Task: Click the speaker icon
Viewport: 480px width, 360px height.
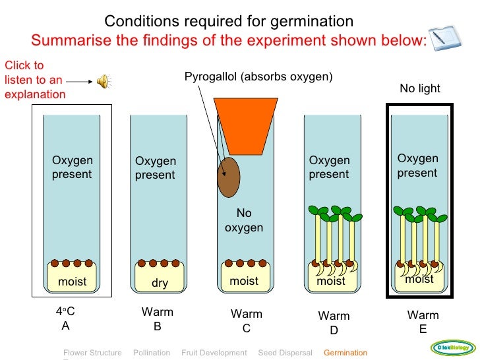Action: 104,81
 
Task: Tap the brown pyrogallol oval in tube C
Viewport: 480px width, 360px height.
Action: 229,177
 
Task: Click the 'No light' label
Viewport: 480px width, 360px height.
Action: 419,88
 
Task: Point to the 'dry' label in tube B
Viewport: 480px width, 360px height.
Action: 160,284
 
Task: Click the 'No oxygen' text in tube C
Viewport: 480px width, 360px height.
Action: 244,221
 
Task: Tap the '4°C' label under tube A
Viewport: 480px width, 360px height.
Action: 65,312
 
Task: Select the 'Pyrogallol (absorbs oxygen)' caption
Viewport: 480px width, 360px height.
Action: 258,76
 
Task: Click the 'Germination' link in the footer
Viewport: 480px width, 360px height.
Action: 345,353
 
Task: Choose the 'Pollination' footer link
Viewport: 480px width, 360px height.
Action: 152,353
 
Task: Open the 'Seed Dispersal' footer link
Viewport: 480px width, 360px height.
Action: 285,353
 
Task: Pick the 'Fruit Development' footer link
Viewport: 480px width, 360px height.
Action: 214,353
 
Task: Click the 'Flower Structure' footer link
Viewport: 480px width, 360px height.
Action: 92,353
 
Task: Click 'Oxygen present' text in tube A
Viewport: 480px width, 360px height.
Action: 73,167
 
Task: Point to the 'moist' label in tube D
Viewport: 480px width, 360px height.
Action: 331,282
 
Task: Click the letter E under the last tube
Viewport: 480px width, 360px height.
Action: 423,329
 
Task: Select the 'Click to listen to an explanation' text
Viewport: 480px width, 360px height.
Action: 34,80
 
